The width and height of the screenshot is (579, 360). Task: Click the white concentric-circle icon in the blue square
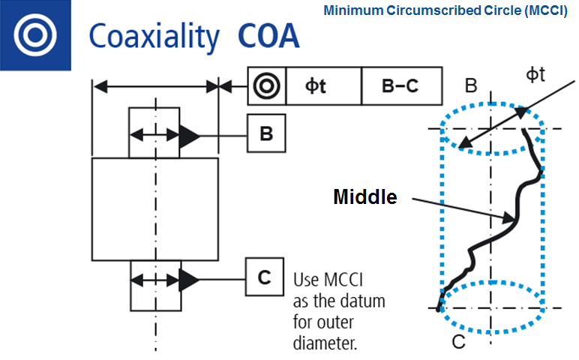pyautogui.click(x=34, y=34)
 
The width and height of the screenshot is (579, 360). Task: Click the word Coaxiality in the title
pyautogui.click(x=154, y=36)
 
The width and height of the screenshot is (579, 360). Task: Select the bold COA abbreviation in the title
pyautogui.click(x=268, y=35)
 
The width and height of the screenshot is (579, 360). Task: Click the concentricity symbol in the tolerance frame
pyautogui.click(x=266, y=86)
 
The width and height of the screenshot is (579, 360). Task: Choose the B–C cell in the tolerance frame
pyautogui.click(x=400, y=86)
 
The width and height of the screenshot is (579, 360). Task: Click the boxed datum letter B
pyautogui.click(x=265, y=134)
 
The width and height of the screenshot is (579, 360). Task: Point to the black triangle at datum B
pyautogui.click(x=188, y=136)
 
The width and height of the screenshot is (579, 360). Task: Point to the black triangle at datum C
pyautogui.click(x=188, y=280)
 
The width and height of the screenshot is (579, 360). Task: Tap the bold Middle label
pyautogui.click(x=364, y=197)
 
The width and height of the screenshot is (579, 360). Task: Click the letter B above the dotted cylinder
pyautogui.click(x=471, y=85)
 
